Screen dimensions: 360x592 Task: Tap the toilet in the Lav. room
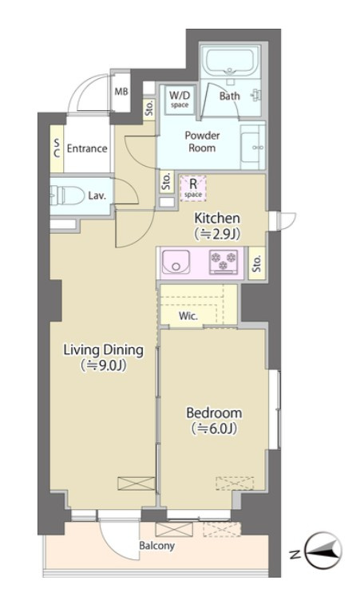click(67, 195)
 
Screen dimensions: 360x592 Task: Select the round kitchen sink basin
click(176, 261)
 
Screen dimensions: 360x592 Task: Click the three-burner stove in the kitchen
click(224, 262)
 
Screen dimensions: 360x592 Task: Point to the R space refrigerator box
click(193, 188)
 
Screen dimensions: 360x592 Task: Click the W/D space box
click(180, 99)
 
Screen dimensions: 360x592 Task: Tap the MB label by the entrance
click(121, 92)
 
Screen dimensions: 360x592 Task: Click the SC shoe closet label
click(57, 148)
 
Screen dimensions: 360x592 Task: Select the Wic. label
click(188, 316)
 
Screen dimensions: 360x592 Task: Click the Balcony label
click(156, 546)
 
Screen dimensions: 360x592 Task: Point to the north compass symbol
click(323, 551)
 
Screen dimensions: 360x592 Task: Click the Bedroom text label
click(214, 412)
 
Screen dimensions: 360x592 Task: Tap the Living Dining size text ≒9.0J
click(103, 365)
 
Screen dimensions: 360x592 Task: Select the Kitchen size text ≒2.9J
click(217, 234)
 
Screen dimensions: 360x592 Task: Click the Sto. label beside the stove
click(257, 264)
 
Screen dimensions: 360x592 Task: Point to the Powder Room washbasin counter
click(253, 147)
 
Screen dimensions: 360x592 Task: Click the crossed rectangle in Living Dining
click(136, 483)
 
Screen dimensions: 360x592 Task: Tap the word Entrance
click(87, 148)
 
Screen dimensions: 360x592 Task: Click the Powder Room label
click(202, 141)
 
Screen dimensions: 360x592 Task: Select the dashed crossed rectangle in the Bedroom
click(235, 483)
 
